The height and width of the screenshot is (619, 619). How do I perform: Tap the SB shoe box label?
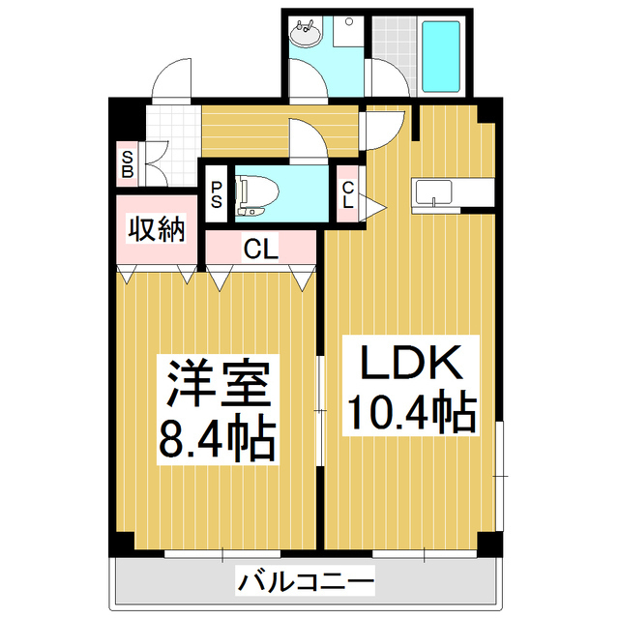click(127, 163)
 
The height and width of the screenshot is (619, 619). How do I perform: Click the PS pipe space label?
click(216, 196)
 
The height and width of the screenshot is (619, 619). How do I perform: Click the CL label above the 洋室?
click(260, 250)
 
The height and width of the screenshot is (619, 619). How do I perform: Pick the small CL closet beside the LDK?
click(347, 196)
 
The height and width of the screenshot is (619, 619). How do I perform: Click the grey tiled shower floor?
click(394, 39)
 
